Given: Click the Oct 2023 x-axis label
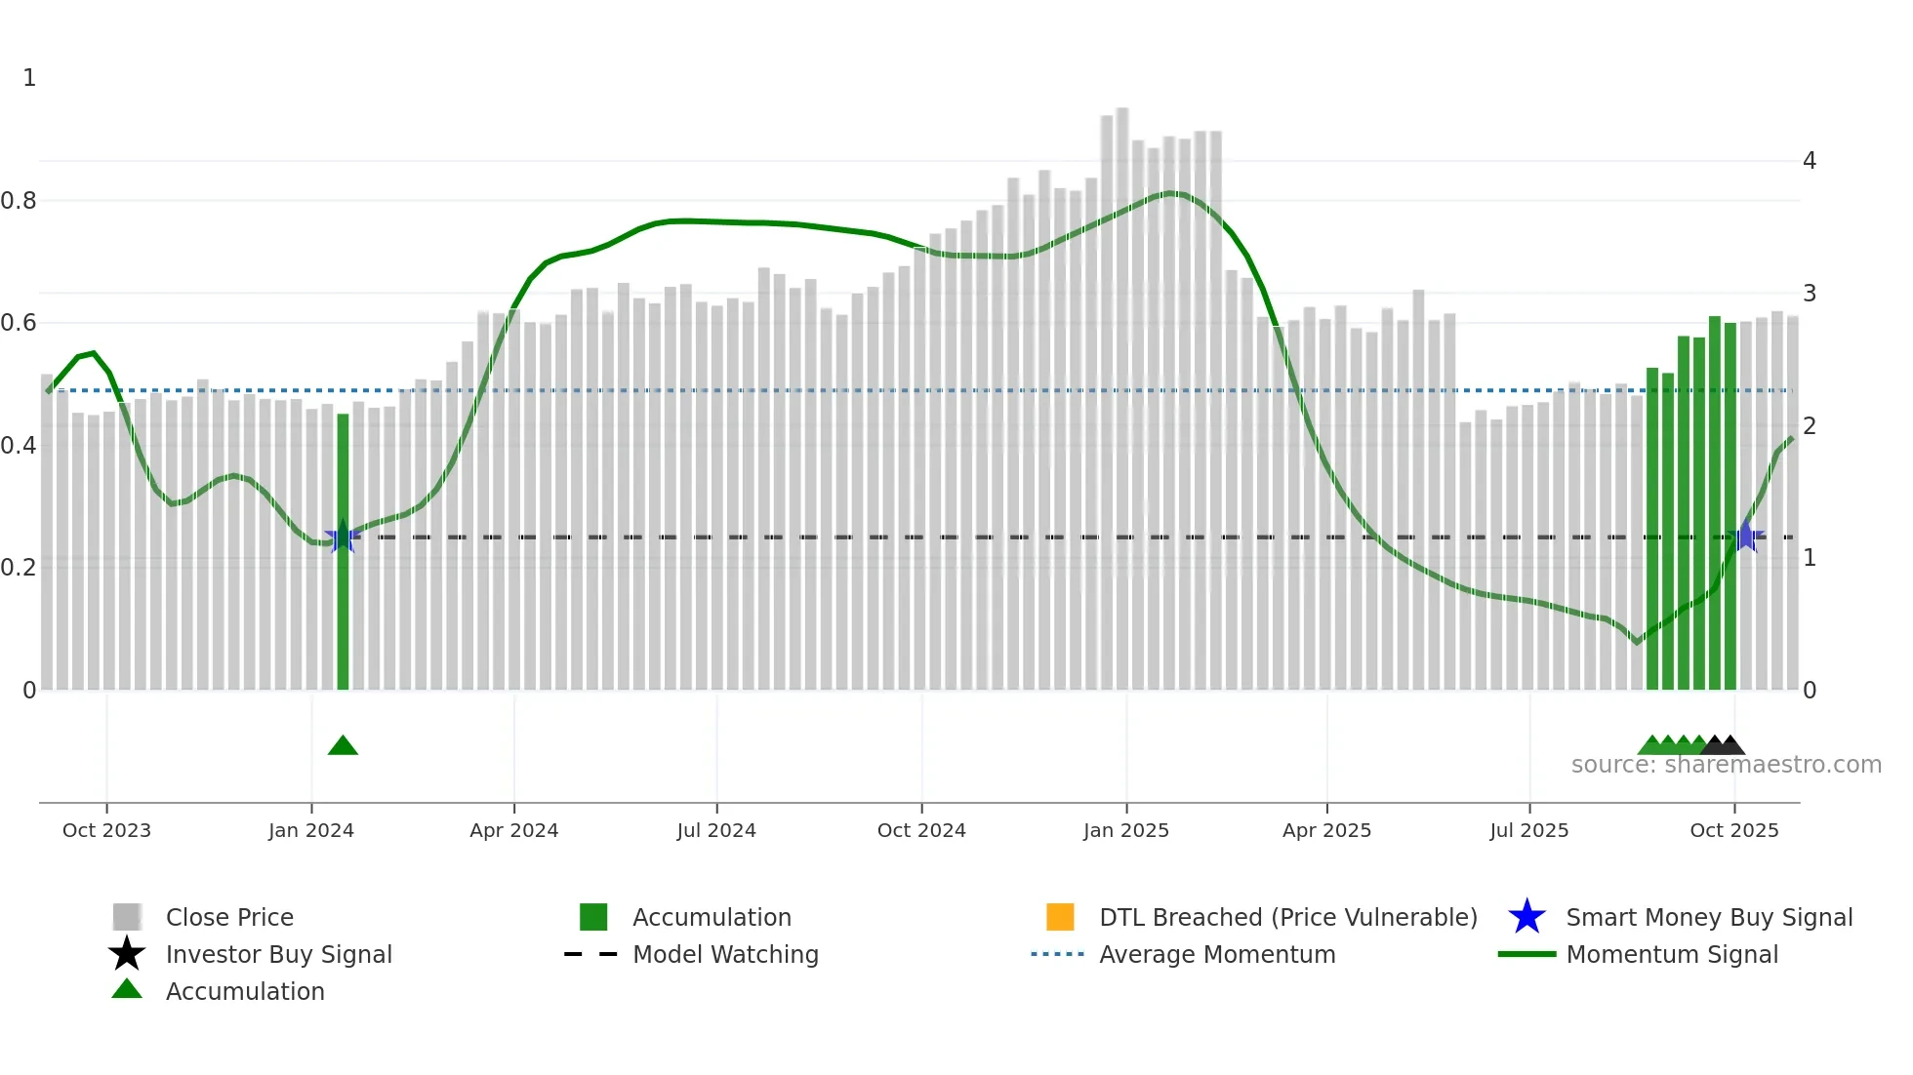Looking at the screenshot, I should tap(106, 830).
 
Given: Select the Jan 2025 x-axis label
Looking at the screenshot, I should tap(1125, 830).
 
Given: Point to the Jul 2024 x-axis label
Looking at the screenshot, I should tap(716, 830).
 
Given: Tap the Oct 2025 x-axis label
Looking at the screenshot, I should tap(1733, 830).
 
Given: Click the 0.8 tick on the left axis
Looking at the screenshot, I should tap(19, 201).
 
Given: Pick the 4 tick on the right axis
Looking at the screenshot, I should tap(1809, 161).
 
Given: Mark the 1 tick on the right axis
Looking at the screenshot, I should tap(1809, 558).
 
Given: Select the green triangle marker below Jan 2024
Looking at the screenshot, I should tap(343, 746).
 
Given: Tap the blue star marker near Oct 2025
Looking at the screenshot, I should tap(1745, 537).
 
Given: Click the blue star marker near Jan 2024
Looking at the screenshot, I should tap(342, 537).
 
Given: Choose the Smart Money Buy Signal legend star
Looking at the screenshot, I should tap(1526, 917).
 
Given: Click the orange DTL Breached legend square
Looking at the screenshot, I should tap(1059, 917).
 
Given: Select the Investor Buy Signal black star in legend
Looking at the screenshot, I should tap(127, 954).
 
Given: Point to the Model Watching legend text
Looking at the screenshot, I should tap(725, 954).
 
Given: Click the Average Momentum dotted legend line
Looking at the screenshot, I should tap(1057, 954).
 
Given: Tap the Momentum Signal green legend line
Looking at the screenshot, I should tap(1526, 954).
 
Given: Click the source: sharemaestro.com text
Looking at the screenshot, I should tap(1726, 765).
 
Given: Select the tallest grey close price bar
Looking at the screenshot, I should tap(1122, 390).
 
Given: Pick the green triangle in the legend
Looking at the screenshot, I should tap(127, 990).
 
